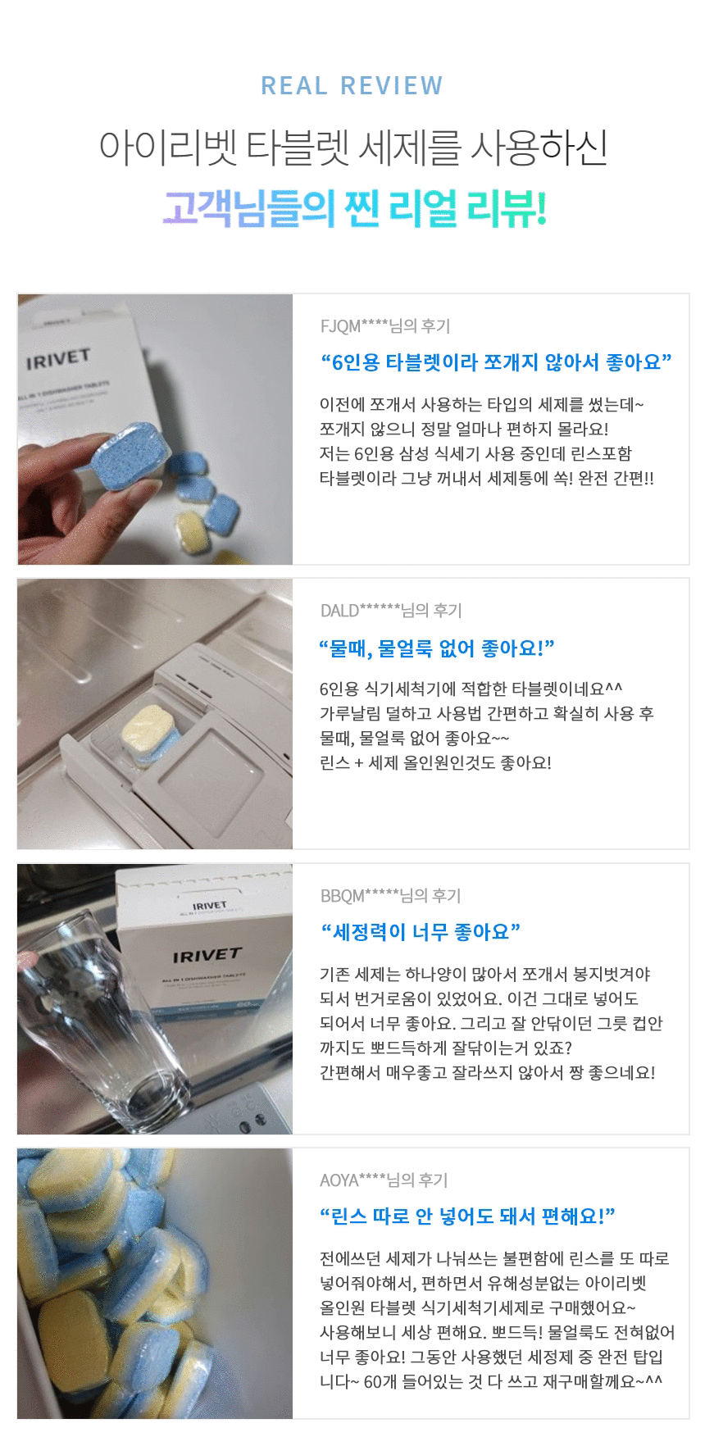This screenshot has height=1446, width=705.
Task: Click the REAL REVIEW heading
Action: point(352,85)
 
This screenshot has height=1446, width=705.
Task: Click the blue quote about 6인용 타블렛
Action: point(496,362)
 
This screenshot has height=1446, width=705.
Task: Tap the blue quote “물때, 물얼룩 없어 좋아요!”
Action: point(437,649)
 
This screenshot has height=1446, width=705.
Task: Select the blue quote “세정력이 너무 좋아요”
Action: point(420,932)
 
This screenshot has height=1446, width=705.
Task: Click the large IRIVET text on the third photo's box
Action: point(207,956)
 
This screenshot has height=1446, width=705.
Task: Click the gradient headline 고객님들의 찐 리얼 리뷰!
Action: point(353,209)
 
